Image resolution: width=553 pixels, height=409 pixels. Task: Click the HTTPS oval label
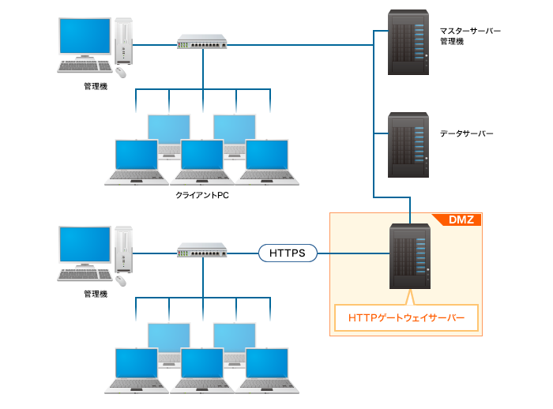[288, 253]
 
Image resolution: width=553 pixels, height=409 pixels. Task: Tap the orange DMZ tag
[461, 220]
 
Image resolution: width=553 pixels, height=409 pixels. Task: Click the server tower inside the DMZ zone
[409, 257]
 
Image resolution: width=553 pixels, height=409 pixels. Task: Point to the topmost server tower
[408, 41]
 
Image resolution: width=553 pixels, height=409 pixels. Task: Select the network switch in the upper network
[202, 41]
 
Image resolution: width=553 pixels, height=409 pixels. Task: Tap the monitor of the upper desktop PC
[85, 37]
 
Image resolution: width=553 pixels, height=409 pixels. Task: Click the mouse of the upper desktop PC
[122, 72]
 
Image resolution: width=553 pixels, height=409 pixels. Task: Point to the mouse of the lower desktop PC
[122, 280]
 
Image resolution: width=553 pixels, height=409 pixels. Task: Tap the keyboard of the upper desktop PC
[85, 68]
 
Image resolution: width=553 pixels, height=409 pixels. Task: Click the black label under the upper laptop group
[204, 197]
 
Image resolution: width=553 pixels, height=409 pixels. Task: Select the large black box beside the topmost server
[471, 37]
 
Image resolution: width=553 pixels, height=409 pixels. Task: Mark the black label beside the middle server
[467, 134]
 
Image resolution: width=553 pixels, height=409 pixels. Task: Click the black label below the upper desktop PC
[97, 87]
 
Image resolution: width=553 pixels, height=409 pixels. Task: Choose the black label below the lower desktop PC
[97, 295]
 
